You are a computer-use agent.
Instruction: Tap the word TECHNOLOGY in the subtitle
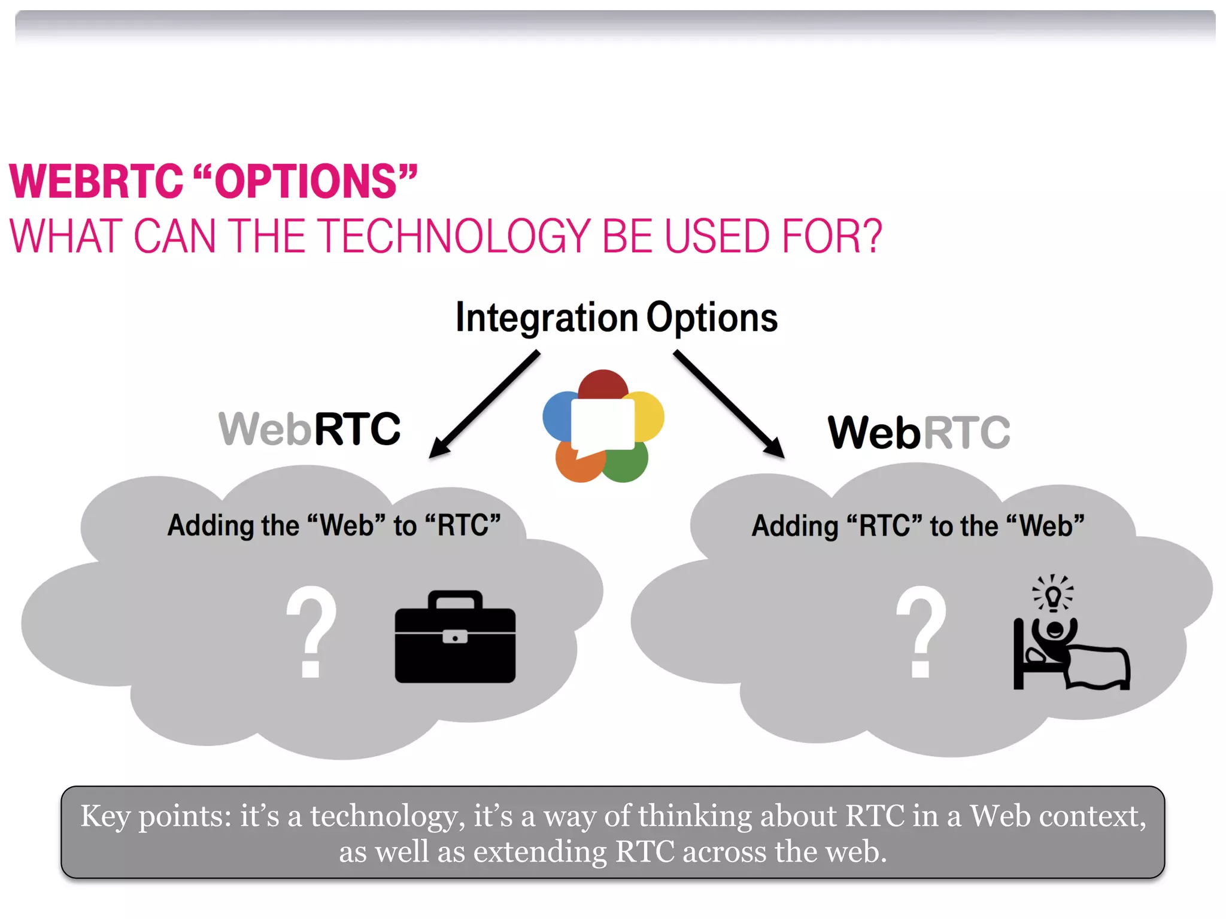coord(456,236)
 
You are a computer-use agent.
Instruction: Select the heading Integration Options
coord(616,317)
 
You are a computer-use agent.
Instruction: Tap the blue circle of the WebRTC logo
coord(557,415)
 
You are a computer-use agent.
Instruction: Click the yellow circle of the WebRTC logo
coord(650,415)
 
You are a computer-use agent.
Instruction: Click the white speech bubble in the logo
coord(602,424)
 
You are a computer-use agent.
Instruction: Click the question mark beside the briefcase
coord(311,631)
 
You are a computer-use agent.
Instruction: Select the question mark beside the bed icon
coord(921,631)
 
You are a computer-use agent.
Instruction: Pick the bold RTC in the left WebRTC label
coord(357,429)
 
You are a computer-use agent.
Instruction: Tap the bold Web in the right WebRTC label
coord(874,433)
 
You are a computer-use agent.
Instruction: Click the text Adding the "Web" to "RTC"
coord(333,526)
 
